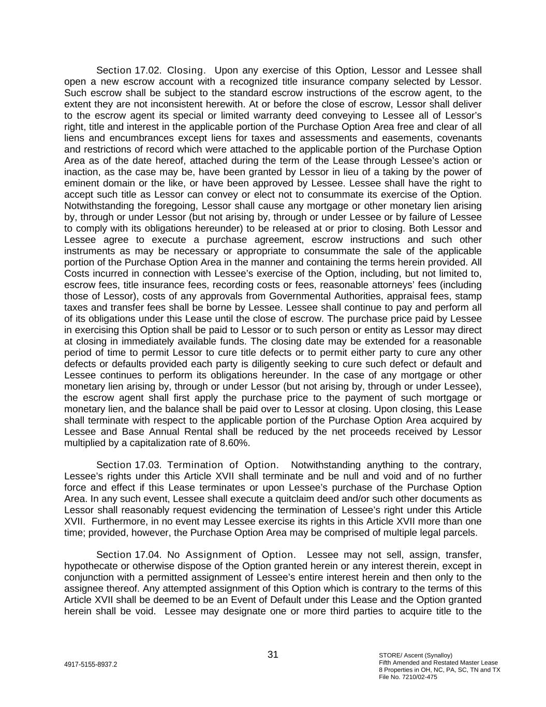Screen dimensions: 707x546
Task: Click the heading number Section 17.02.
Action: pyautogui.click(x=129, y=70)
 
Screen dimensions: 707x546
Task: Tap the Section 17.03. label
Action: pyautogui.click(x=129, y=465)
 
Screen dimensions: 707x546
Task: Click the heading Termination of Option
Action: pyautogui.click(x=223, y=465)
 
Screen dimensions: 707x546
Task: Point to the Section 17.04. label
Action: pyautogui.click(x=129, y=555)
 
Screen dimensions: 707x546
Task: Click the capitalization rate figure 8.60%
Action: pyautogui.click(x=233, y=443)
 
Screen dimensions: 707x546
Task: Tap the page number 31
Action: pyautogui.click(x=273, y=655)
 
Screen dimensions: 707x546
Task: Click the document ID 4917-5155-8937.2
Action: pyautogui.click(x=91, y=664)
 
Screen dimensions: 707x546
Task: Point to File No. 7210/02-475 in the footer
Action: pyautogui.click(x=408, y=677)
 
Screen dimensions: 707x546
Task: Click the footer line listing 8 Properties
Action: pyautogui.click(x=439, y=670)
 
